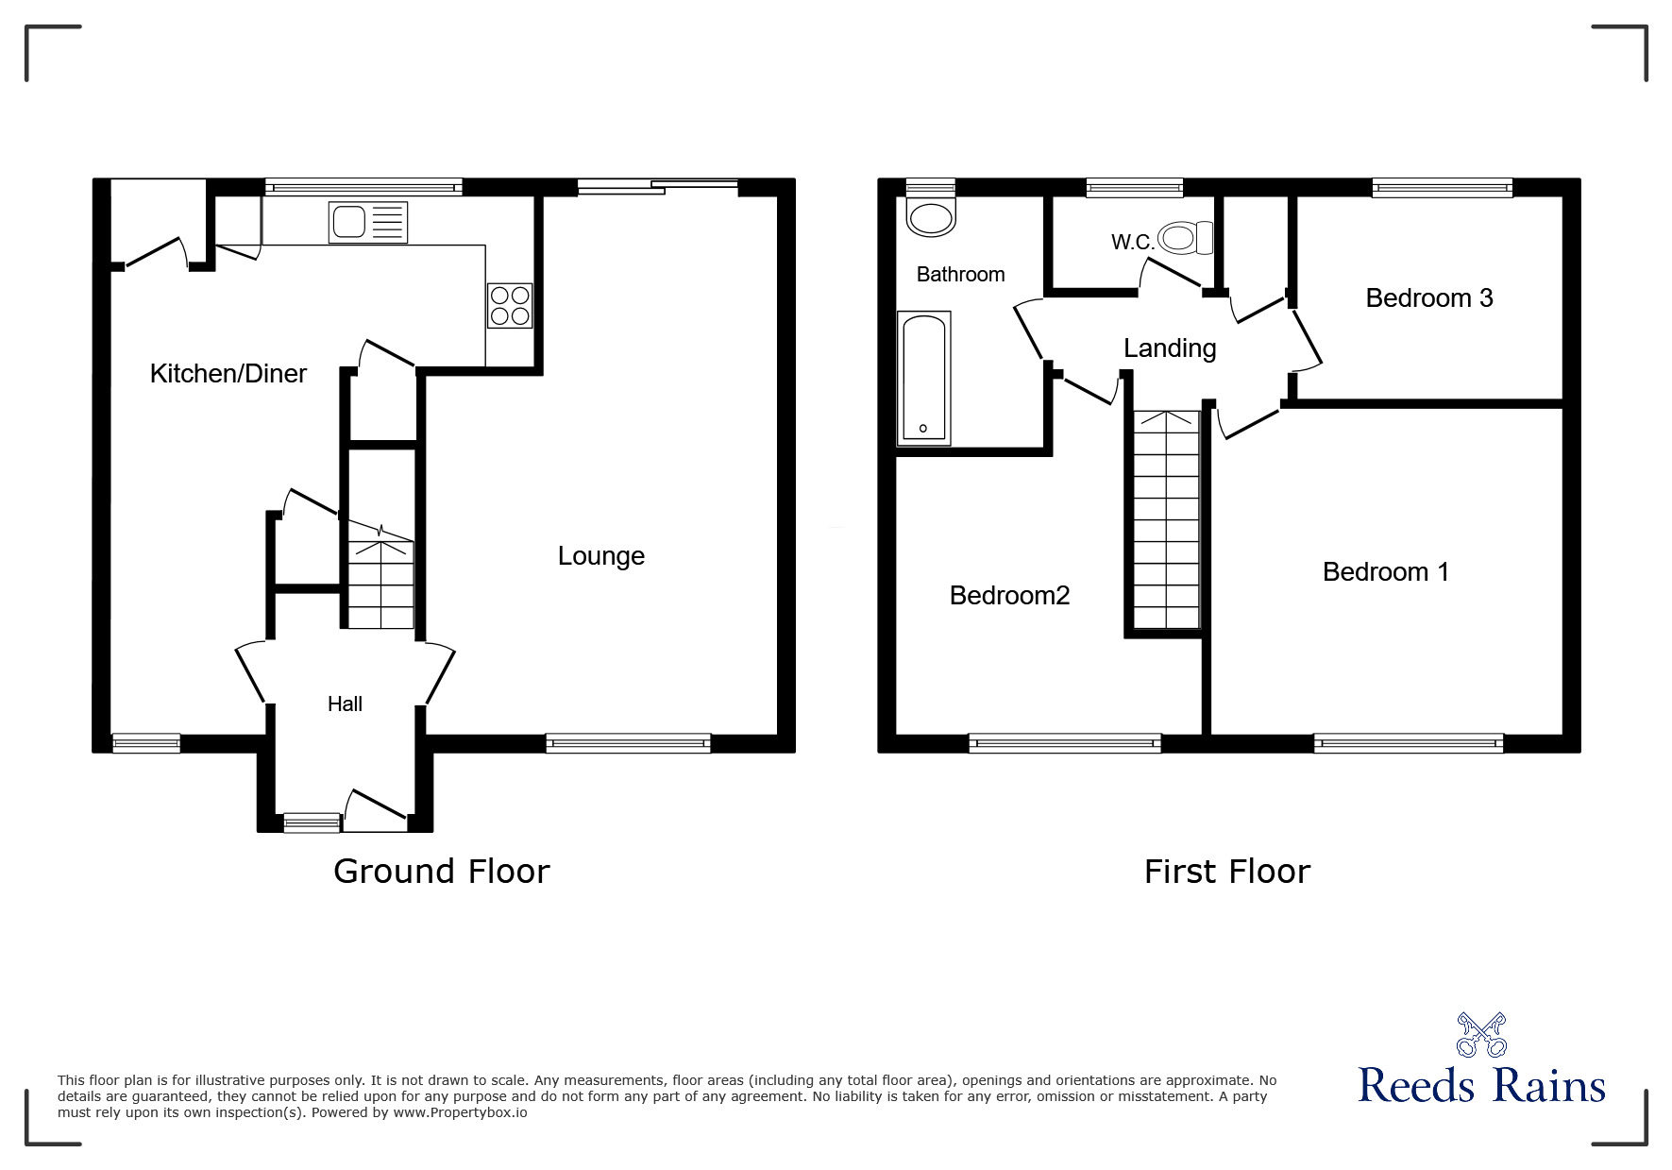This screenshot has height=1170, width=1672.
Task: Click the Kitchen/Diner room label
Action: [228, 374]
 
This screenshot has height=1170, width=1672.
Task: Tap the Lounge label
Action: [601, 556]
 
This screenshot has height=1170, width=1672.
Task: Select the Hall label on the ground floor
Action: [345, 704]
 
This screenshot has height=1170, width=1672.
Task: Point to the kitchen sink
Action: [369, 222]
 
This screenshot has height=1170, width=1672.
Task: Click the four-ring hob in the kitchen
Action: [511, 305]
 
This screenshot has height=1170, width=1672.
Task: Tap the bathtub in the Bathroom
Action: [923, 378]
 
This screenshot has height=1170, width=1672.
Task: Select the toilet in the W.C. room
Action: [1186, 238]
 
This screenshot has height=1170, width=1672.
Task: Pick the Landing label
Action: [1170, 348]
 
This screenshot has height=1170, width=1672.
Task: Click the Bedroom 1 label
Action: [1386, 572]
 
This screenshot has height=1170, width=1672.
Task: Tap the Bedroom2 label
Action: [1009, 596]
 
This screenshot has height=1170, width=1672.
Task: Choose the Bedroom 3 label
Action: [1429, 298]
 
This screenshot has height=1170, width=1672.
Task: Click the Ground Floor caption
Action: [442, 871]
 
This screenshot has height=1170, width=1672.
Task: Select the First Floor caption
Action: [1227, 871]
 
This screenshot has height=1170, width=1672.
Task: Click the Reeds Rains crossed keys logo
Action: [1481, 1035]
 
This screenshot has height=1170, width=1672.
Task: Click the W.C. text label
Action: [1133, 243]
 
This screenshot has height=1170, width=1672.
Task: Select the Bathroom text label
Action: [961, 275]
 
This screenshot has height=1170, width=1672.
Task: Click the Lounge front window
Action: [628, 743]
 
